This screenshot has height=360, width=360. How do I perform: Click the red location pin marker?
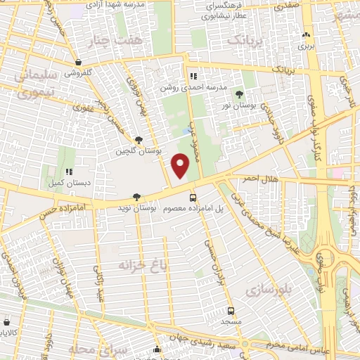pyautogui.click(x=181, y=166)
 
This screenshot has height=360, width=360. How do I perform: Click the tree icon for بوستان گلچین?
pyautogui.click(x=139, y=140)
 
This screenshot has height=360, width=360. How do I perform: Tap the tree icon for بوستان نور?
pyautogui.click(x=239, y=94)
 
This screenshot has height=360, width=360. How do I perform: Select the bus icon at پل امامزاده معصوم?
pyautogui.click(x=193, y=198)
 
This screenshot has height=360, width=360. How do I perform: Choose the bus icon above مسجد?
pyautogui.click(x=231, y=310)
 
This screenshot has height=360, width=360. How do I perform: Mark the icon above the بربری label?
pyautogui.click(x=305, y=35)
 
